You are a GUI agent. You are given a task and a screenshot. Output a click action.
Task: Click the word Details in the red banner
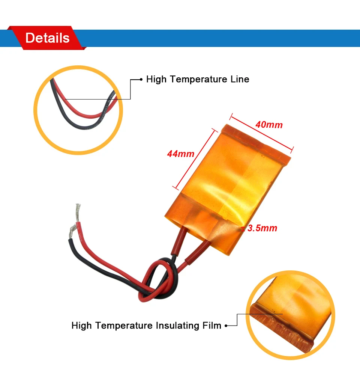(x=47, y=38)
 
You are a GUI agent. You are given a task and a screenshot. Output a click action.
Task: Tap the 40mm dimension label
(x=269, y=124)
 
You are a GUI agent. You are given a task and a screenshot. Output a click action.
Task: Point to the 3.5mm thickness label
(x=262, y=228)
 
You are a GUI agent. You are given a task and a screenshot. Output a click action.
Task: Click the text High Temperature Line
(x=198, y=79)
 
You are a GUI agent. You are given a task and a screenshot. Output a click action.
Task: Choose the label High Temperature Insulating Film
(x=146, y=325)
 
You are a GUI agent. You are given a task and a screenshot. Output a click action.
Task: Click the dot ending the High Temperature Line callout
(x=141, y=79)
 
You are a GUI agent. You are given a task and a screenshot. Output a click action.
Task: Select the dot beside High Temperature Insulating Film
(x=226, y=326)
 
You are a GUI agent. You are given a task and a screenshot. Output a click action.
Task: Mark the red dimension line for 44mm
(x=195, y=158)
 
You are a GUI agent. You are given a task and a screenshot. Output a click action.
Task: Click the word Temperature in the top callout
(x=195, y=79)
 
